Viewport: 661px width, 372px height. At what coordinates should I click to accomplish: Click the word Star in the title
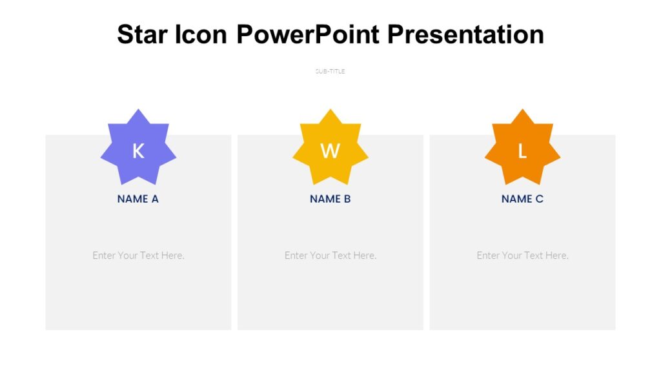click(143, 34)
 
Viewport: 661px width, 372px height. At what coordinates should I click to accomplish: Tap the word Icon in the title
click(201, 34)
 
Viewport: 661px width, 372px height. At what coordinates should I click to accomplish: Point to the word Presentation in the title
click(465, 34)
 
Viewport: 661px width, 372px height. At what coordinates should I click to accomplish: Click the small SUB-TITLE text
click(330, 72)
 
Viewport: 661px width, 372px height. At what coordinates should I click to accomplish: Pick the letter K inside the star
click(138, 151)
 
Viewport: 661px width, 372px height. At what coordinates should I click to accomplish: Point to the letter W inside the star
click(330, 151)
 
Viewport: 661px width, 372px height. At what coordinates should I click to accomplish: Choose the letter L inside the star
click(522, 151)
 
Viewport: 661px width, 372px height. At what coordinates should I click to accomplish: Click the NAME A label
click(138, 199)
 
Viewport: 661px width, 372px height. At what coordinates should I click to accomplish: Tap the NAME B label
click(330, 199)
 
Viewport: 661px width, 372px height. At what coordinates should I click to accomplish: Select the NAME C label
click(522, 199)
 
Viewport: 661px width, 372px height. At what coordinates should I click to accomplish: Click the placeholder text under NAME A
click(138, 255)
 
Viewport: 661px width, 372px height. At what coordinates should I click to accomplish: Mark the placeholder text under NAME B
click(330, 255)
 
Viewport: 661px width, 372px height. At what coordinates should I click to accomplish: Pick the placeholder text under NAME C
click(522, 255)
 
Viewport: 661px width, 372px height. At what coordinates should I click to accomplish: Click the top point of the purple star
click(138, 112)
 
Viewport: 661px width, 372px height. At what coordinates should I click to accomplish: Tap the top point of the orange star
click(522, 112)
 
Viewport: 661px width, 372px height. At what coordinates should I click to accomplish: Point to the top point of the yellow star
click(330, 112)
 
